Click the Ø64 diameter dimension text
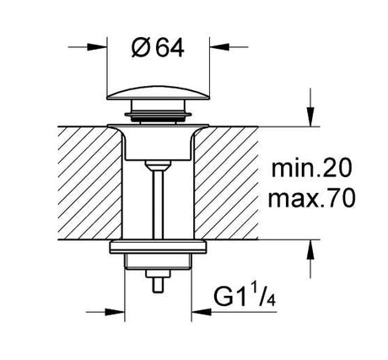pos(158,48)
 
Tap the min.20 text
pos(311,168)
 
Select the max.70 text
pos(311,198)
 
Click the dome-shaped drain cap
pos(158,93)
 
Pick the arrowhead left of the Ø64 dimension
pos(97,47)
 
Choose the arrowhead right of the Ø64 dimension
pos(219,47)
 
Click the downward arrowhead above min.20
pos(310,117)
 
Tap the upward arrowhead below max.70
pos(310,250)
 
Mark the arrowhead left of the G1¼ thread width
pos(115,312)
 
